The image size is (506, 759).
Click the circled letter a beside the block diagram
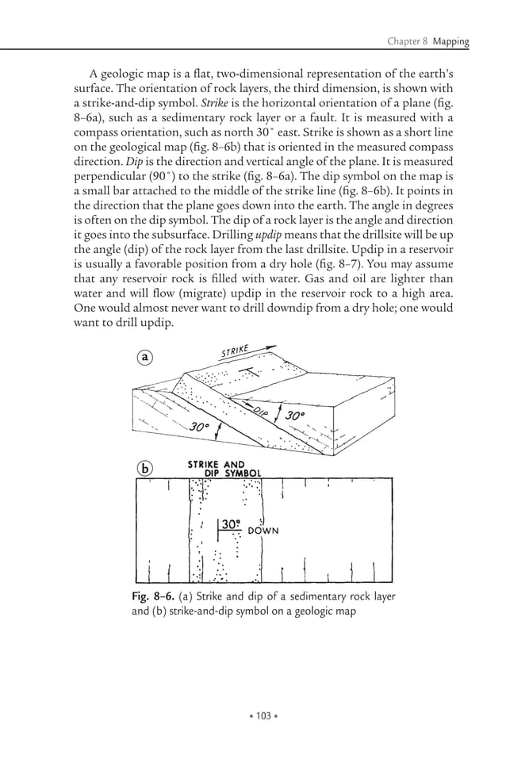click(144, 358)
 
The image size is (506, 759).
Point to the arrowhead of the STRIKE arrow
click(273, 347)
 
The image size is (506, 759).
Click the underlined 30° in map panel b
click(231, 524)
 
